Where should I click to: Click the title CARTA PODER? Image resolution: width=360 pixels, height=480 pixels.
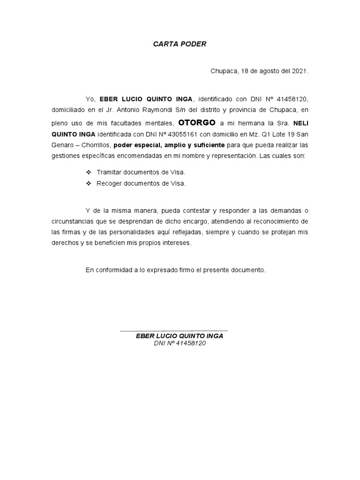pos(180,44)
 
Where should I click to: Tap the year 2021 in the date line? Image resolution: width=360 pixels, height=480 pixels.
pos(300,72)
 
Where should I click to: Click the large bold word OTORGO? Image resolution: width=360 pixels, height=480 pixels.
pos(197,123)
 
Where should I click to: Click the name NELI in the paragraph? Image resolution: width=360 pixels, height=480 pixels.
pos(301,123)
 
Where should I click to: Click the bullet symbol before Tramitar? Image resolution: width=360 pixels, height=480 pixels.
pos(88,172)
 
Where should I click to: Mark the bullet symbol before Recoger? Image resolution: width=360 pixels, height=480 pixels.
pos(88,184)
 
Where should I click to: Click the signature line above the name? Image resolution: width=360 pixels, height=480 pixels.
pos(174,331)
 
